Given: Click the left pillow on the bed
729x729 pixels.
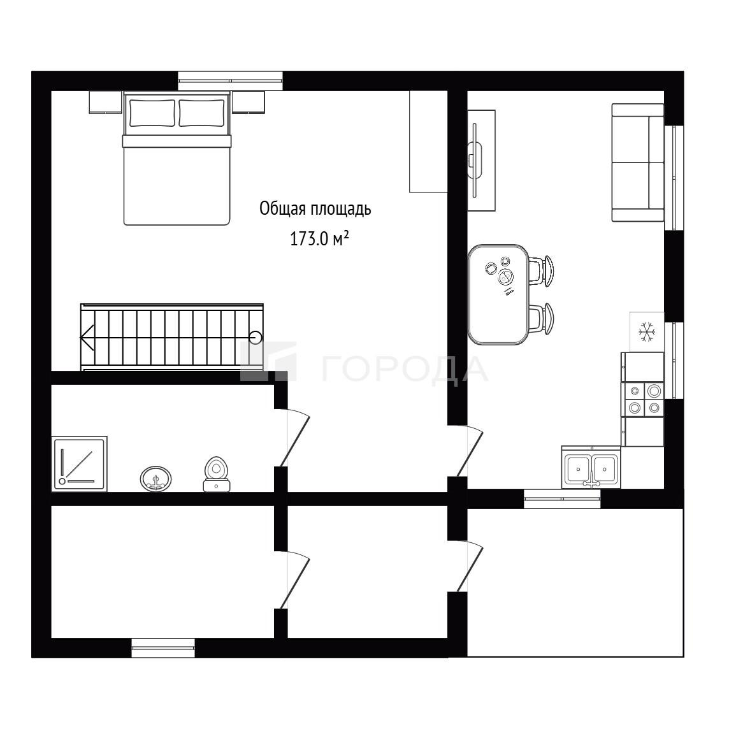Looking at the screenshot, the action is coord(152,113).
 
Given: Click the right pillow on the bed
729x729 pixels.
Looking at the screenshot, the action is coord(202,113).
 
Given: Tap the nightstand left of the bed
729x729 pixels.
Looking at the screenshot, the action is coord(106,103).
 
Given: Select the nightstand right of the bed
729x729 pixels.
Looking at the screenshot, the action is coord(249,103).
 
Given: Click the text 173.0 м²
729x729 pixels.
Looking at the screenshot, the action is coord(319,239).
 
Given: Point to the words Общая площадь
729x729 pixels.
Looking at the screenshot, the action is coord(315,209).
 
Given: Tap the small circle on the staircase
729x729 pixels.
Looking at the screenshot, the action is coord(256,337).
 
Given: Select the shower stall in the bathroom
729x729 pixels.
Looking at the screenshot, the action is coord(80,463).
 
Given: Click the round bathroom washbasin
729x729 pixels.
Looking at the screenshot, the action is coord(155,479).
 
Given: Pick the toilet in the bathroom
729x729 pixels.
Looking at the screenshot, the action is coord(217,474).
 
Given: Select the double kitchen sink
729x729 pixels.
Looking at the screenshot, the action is coord(591,468).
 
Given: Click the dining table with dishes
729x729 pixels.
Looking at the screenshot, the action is coord(498,294).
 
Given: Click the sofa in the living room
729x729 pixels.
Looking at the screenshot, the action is coord(638,162).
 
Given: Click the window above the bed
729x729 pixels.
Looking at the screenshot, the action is coord(231,81).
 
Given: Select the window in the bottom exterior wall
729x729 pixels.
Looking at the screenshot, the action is coord(163,648).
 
